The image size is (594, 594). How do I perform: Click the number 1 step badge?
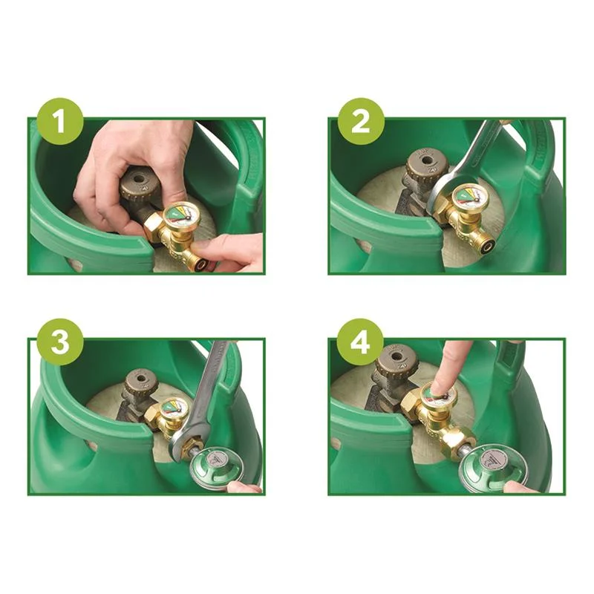tap(60, 121)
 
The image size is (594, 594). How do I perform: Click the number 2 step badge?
tap(361, 121)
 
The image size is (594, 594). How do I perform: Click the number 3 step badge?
tap(60, 342)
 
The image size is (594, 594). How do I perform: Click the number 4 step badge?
tap(360, 342)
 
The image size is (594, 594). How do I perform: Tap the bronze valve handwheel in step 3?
tap(141, 382)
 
